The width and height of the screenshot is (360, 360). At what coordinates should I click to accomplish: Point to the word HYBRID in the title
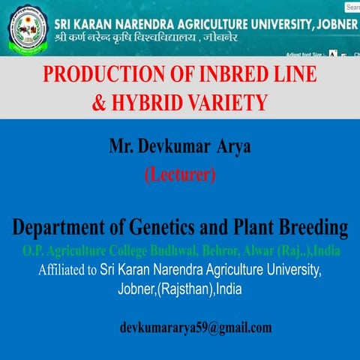[148, 101]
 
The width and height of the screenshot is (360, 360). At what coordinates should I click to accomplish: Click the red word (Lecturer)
[179, 175]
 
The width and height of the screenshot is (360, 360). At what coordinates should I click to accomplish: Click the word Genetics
[171, 226]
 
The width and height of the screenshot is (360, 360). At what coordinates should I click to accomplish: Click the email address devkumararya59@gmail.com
[196, 328]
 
